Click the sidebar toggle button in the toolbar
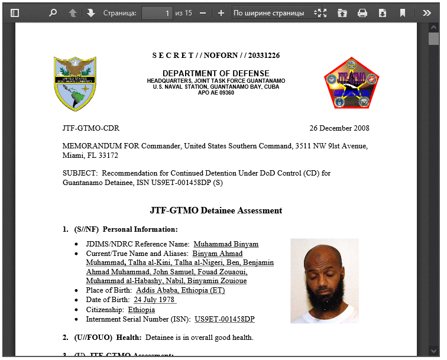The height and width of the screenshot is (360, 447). coord(15,12)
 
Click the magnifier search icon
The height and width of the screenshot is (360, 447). coord(53,12)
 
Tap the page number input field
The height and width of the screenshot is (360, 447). coord(157,12)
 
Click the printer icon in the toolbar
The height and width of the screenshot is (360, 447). coord(362,12)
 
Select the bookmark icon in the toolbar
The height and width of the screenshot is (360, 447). coord(403,12)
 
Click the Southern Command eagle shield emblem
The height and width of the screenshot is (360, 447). coord(75,83)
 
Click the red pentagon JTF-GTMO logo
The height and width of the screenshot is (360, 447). coord(351,83)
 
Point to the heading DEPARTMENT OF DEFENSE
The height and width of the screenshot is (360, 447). coord(216,73)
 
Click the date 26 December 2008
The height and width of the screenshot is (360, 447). coord(339,128)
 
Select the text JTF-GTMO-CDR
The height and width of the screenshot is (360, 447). coord(90,128)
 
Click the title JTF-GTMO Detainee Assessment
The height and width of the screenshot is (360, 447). coord(216,210)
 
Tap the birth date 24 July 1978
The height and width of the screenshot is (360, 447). coord(154,300)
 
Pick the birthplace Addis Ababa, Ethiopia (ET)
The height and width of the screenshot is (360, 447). coord(180,290)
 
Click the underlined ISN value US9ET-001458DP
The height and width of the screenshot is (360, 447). coord(225,319)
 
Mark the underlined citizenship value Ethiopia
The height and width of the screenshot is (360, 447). coord(141,310)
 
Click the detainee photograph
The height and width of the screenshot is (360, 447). coord(324,281)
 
